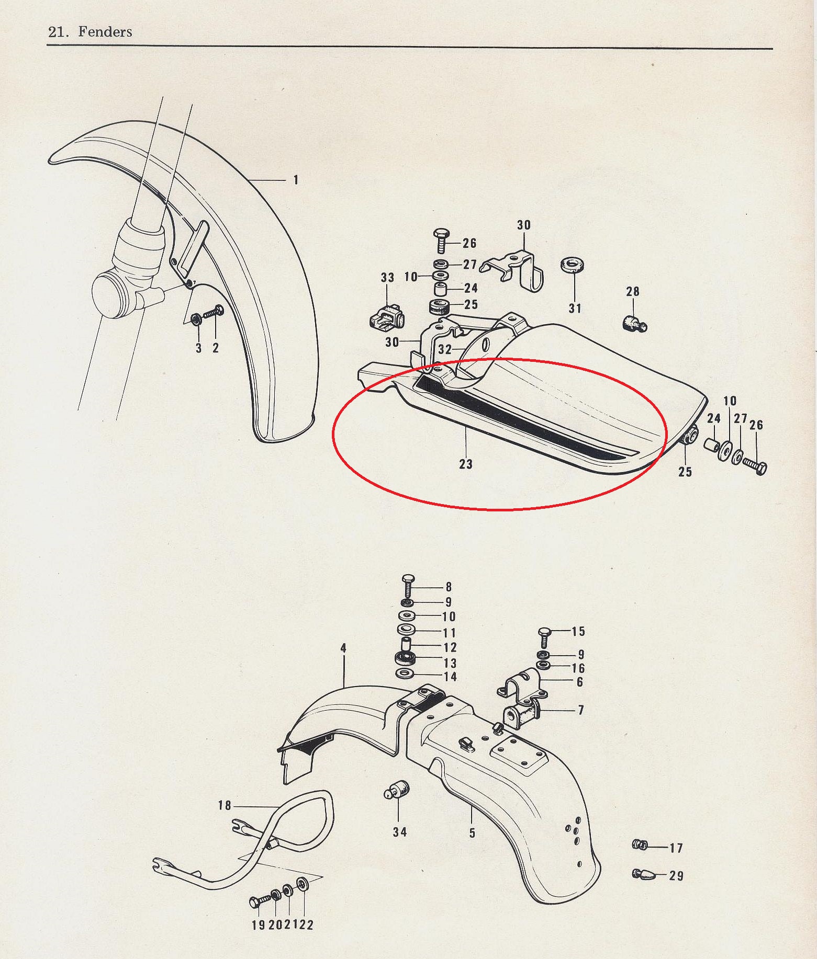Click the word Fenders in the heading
105,31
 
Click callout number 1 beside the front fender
296,180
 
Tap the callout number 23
465,464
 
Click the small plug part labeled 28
634,324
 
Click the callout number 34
399,831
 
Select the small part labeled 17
640,844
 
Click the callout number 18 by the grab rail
225,805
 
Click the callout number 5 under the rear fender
472,832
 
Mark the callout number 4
343,648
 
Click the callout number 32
445,349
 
